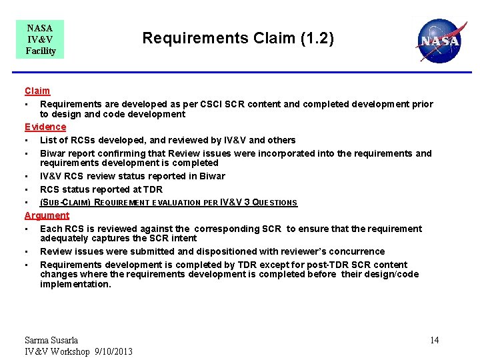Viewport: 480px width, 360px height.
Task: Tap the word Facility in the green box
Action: [x=40, y=51]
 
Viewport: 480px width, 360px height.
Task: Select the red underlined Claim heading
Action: [x=37, y=91]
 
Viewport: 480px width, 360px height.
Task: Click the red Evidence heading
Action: [x=45, y=127]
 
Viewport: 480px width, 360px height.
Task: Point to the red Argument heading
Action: [x=47, y=215]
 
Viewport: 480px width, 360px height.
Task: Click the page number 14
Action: [x=434, y=341]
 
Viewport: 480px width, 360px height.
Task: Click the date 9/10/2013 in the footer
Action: [x=114, y=351]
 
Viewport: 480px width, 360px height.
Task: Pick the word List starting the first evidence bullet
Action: [x=48, y=140]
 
